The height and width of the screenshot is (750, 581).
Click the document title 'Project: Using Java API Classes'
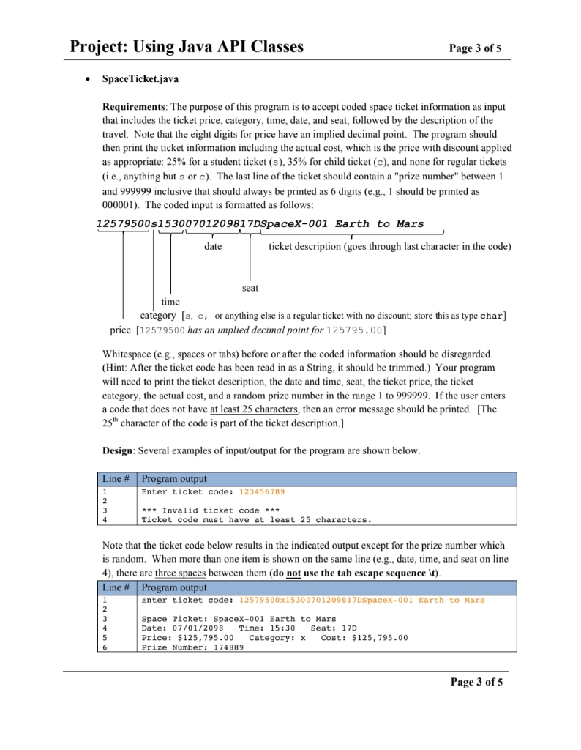point(187,48)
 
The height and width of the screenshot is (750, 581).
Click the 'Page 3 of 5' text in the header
point(476,49)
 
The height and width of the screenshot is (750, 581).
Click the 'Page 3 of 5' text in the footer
point(476,683)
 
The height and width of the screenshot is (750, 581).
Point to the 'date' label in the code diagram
point(213,247)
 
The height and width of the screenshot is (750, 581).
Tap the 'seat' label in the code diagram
point(250,288)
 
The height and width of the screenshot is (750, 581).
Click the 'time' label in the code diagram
point(170,302)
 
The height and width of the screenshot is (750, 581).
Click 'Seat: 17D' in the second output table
point(334,628)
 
